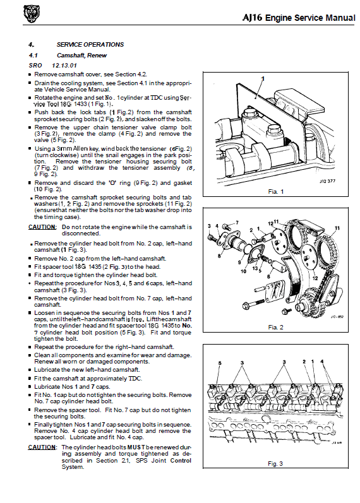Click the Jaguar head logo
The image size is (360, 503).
(x=32, y=15)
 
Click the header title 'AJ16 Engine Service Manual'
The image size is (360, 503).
(x=299, y=18)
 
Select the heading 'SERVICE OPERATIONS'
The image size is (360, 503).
(x=90, y=45)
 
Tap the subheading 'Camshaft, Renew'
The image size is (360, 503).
(x=81, y=55)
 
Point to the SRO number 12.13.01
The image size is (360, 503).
(x=64, y=66)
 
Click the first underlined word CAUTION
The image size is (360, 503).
(x=42, y=227)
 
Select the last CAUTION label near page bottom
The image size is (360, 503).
(x=42, y=447)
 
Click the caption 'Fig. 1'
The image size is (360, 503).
(x=276, y=191)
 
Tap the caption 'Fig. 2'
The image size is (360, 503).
(x=276, y=327)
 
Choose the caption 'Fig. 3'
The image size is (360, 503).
(x=275, y=463)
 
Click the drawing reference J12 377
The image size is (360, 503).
(x=327, y=181)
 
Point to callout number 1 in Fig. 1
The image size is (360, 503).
(x=263, y=79)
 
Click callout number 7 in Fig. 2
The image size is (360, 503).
(x=237, y=223)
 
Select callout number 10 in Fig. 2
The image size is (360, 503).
(x=243, y=271)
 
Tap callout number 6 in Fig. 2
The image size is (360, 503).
(x=268, y=277)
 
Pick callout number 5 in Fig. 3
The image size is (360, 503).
(x=220, y=363)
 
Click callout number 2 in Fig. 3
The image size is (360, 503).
(x=304, y=362)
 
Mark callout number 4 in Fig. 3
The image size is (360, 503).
(x=322, y=362)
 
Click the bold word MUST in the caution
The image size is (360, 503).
(x=136, y=447)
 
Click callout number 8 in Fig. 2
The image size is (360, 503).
(x=219, y=256)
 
